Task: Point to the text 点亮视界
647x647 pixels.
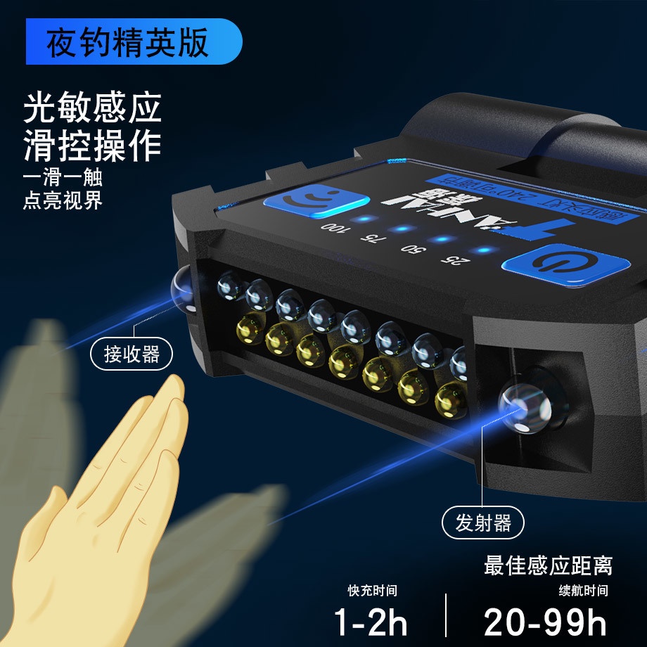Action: click(x=63, y=200)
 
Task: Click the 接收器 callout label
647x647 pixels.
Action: click(x=132, y=354)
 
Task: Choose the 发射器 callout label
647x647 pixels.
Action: click(x=484, y=523)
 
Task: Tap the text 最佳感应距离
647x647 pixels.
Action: click(x=548, y=565)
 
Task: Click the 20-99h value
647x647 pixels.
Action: click(x=545, y=622)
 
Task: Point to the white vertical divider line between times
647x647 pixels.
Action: click(x=445, y=614)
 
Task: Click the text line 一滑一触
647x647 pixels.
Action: click(x=63, y=178)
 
